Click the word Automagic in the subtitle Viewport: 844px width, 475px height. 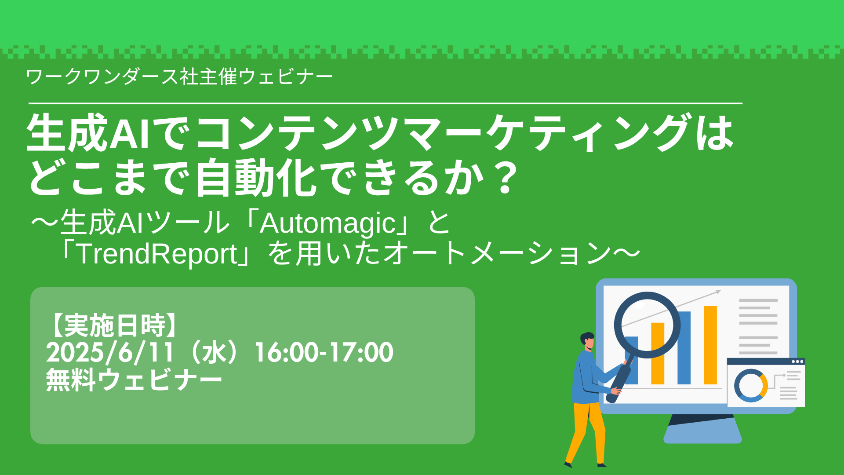pos(327,223)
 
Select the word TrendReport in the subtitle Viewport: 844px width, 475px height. pos(157,254)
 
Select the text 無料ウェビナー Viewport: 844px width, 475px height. pos(134,380)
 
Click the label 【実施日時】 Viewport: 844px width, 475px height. pos(114,325)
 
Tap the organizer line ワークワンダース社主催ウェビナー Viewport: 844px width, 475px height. pos(179,77)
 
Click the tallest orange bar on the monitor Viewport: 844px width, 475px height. pos(710,345)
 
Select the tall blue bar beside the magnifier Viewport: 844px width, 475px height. pos(684,347)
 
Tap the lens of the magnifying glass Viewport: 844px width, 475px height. pos(647,325)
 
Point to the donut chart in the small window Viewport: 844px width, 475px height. pos(751,385)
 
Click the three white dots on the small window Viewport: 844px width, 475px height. pos(797,362)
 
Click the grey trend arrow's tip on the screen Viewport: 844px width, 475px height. pos(720,291)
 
